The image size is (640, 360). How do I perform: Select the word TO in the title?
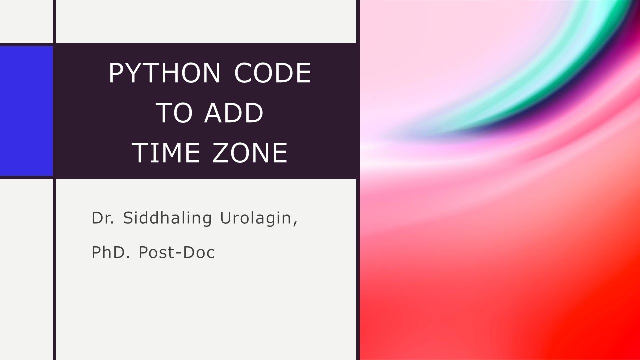tap(174, 113)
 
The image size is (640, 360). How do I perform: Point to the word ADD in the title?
tap(234, 113)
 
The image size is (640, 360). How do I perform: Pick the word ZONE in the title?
tap(250, 153)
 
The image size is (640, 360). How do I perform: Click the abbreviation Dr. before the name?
tap(102, 218)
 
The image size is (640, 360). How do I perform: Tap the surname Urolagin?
tap(258, 219)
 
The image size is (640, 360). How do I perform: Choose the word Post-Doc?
tap(177, 252)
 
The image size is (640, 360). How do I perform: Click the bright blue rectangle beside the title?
tap(26, 111)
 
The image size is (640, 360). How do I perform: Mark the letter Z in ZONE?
tap(221, 153)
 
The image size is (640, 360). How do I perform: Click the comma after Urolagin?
tap(295, 223)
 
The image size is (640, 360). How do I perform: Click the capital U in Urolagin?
tap(224, 218)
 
